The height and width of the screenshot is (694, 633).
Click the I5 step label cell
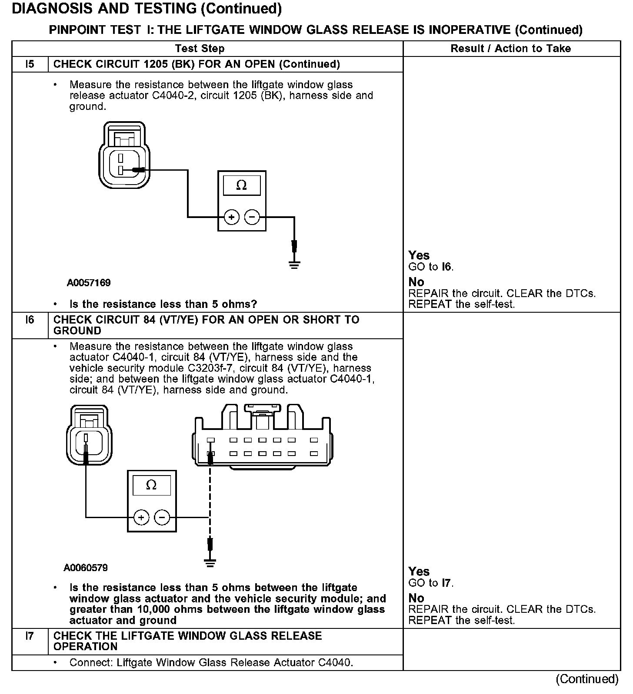[30, 64]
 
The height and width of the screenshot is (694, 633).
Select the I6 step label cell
[30, 320]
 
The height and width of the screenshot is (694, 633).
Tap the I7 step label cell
[30, 636]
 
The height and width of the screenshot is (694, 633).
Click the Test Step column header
[200, 49]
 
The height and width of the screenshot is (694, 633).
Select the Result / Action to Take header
[510, 49]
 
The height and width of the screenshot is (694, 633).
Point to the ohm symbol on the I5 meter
[241, 186]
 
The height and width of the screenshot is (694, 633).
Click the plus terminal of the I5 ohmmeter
[232, 217]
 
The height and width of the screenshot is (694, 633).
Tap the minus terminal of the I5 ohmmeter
[252, 217]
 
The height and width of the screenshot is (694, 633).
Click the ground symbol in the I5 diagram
[294, 264]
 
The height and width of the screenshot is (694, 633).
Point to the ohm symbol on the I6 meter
[151, 485]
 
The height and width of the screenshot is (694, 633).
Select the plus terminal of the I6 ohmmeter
[141, 517]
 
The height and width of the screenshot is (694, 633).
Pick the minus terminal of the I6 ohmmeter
[162, 517]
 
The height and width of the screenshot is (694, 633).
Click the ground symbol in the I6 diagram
[210, 563]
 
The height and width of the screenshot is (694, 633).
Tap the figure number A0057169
[89, 283]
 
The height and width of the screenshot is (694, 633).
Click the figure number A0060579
[86, 568]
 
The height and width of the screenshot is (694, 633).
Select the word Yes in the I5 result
[419, 255]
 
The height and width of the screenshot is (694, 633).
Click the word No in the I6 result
[416, 598]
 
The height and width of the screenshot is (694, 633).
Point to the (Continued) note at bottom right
[587, 679]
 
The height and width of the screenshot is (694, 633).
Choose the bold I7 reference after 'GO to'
[446, 583]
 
